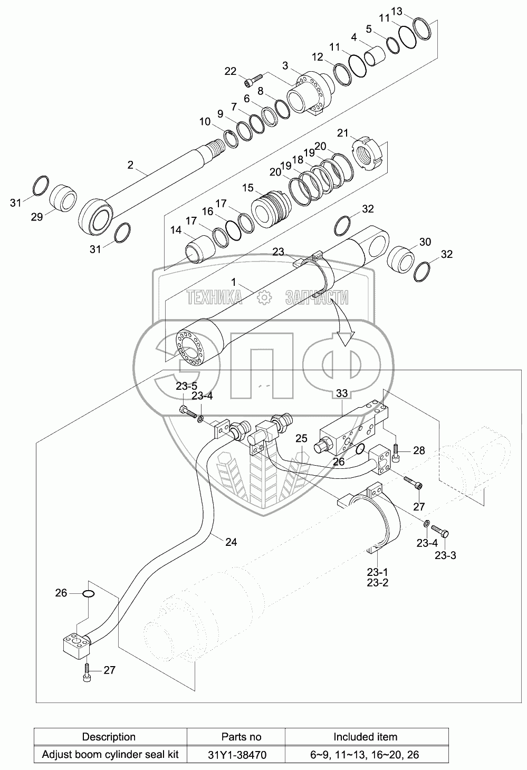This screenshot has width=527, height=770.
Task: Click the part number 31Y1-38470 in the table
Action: point(237,755)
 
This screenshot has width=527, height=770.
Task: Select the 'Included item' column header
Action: point(366,737)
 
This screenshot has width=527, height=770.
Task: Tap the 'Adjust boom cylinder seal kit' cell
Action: point(110,755)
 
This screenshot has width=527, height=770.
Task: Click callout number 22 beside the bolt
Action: point(231,71)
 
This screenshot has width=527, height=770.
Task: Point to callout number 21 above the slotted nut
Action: point(342,133)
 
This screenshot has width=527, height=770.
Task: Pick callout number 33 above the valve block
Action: point(342,393)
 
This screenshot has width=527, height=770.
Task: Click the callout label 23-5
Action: point(186,386)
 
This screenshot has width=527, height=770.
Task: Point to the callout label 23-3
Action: point(446,555)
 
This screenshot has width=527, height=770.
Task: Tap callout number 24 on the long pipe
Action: point(231,542)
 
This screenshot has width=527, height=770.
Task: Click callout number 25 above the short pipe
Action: point(301,438)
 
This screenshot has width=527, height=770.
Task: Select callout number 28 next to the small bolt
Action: point(419,450)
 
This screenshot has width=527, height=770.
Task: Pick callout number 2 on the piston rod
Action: point(130,165)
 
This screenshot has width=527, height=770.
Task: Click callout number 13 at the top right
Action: point(396,12)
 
